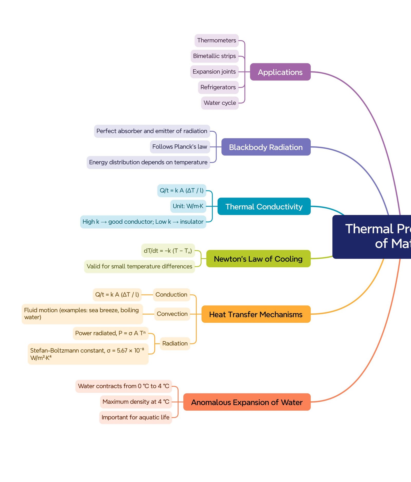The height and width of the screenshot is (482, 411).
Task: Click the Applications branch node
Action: pyautogui.click(x=280, y=72)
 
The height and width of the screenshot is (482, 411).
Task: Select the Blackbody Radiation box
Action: pyautogui.click(x=266, y=147)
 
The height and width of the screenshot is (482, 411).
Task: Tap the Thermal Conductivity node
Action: pyautogui.click(x=264, y=206)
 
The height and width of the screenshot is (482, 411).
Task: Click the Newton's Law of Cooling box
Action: pyautogui.click(x=258, y=259)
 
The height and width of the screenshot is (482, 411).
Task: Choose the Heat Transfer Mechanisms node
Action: pyautogui.click(x=256, y=314)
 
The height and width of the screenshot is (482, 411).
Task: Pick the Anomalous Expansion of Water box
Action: pyautogui.click(x=247, y=402)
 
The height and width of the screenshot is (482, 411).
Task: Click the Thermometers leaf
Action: pyautogui.click(x=217, y=41)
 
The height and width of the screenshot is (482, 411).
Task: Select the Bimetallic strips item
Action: pyautogui.click(x=214, y=56)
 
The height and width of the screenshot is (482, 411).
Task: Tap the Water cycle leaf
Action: pyautogui.click(x=220, y=103)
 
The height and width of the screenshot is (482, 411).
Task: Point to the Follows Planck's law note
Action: pyautogui.click(x=180, y=147)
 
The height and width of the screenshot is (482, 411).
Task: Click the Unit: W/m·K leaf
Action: pyautogui.click(x=188, y=206)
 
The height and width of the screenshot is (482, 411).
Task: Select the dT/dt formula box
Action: pyautogui.click(x=168, y=251)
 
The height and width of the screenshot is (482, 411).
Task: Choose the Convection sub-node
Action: pyautogui.click(x=172, y=314)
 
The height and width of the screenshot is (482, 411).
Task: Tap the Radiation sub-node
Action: pyautogui.click(x=175, y=343)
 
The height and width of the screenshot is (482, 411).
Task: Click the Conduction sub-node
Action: pyautogui.click(x=171, y=295)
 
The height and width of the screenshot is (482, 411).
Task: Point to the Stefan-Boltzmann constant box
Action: pyautogui.click(x=88, y=354)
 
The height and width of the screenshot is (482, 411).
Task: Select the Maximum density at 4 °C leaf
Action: pyautogui.click(x=136, y=402)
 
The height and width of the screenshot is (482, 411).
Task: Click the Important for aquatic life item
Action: pyautogui.click(x=135, y=417)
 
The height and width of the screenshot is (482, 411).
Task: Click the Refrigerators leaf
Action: pyautogui.click(x=218, y=87)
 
